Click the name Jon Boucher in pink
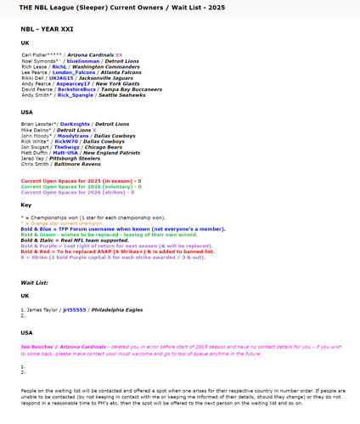tap(37, 347)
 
